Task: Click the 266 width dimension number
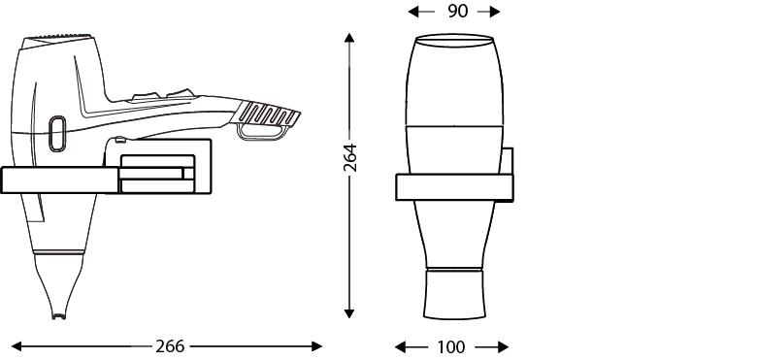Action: click(x=170, y=346)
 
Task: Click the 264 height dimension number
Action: click(x=349, y=157)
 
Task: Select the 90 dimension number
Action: click(x=457, y=11)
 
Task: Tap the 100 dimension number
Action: click(x=451, y=346)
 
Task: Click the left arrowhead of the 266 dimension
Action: click(x=16, y=346)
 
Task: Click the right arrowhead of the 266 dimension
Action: click(x=316, y=346)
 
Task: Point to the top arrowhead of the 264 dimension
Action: click(x=349, y=38)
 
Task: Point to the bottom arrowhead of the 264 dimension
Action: click(x=349, y=313)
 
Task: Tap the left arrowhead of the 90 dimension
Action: click(x=413, y=12)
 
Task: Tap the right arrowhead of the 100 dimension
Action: click(x=503, y=346)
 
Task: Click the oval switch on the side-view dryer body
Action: click(x=57, y=134)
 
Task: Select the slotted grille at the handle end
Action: click(x=267, y=115)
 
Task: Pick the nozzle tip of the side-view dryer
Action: click(x=59, y=316)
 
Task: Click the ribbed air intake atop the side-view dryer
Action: click(x=57, y=37)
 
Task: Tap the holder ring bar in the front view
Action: click(x=454, y=187)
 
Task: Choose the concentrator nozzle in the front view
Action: click(x=454, y=293)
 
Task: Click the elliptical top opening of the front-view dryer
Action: click(x=454, y=41)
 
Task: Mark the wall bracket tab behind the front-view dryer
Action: click(x=507, y=161)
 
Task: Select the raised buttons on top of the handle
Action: click(x=163, y=94)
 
